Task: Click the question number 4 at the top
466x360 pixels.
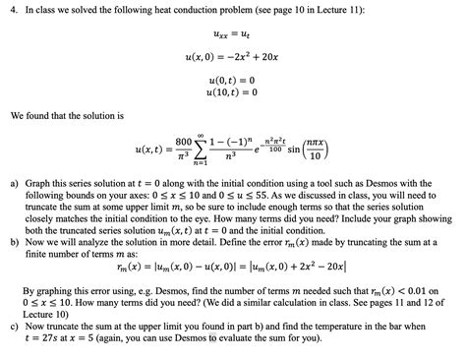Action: [x=14, y=11]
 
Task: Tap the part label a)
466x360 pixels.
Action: [x=14, y=183]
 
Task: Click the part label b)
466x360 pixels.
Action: [x=14, y=240]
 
